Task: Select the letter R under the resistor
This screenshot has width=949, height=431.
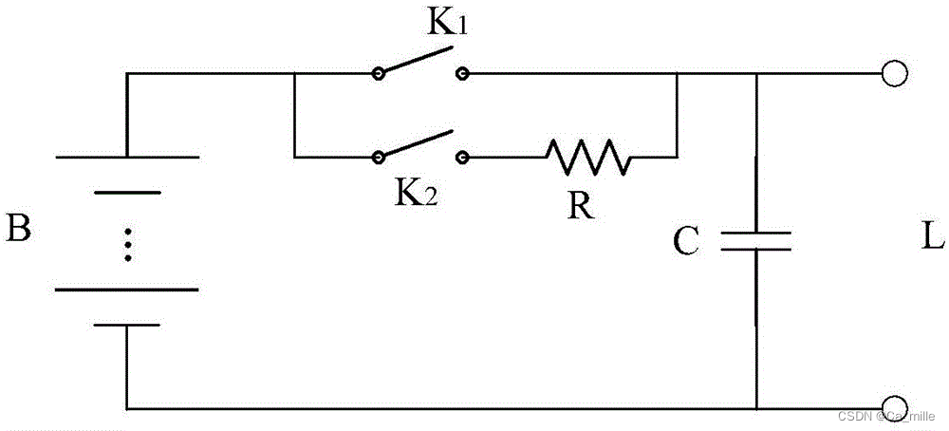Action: click(581, 206)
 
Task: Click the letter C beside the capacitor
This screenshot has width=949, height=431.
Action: click(686, 243)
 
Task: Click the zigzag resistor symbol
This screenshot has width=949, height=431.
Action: click(587, 157)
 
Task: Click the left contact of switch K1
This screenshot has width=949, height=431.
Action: click(379, 74)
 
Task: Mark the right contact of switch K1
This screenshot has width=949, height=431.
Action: click(462, 74)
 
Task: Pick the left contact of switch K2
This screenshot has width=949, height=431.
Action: click(379, 156)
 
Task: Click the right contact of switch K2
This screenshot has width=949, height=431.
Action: click(462, 156)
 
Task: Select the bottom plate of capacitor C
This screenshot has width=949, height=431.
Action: click(756, 250)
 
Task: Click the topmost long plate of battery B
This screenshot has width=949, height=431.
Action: click(127, 157)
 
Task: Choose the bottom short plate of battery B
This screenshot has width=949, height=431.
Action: click(127, 325)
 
